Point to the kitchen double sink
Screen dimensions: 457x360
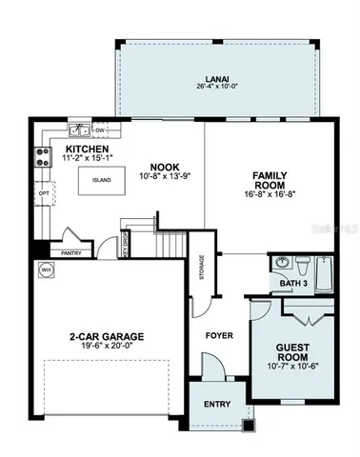point(79,130)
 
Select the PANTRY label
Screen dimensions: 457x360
point(72,254)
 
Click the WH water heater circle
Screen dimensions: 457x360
point(45,270)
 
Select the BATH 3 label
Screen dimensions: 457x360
point(293,284)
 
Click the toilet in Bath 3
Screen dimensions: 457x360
point(302,263)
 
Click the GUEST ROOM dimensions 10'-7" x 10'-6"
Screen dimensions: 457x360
point(292,365)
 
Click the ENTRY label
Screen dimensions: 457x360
point(217,405)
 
